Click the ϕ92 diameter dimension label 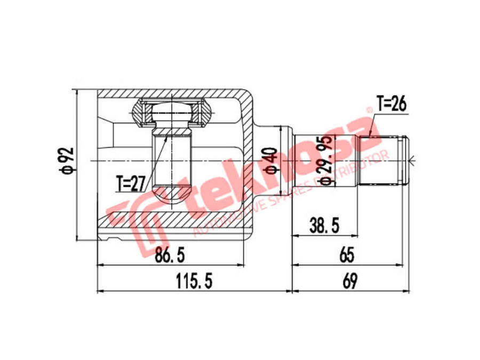point(67,162)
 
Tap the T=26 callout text point(391,103)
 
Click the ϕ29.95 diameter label point(325,160)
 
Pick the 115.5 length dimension point(194,281)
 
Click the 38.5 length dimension point(324,226)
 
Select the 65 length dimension point(347,255)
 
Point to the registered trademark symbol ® point(369,111)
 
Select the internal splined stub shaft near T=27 point(172,160)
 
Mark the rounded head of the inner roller point(172,113)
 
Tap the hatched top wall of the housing point(171,93)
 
